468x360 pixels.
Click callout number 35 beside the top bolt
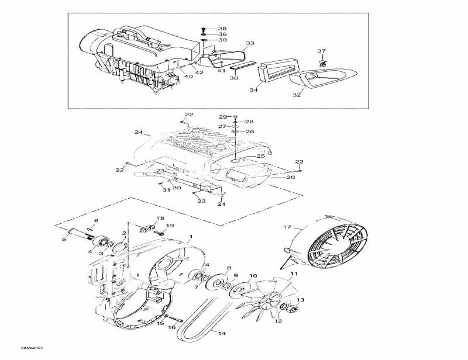(222, 29)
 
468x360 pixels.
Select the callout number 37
(321, 51)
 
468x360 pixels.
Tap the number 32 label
(297, 95)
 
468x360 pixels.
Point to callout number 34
(254, 90)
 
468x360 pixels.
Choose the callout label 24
(139, 132)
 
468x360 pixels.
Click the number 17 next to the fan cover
(287, 227)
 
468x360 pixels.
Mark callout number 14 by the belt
(221, 333)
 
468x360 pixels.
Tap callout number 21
(221, 204)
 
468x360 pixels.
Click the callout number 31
(166, 189)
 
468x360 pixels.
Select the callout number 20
(291, 177)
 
